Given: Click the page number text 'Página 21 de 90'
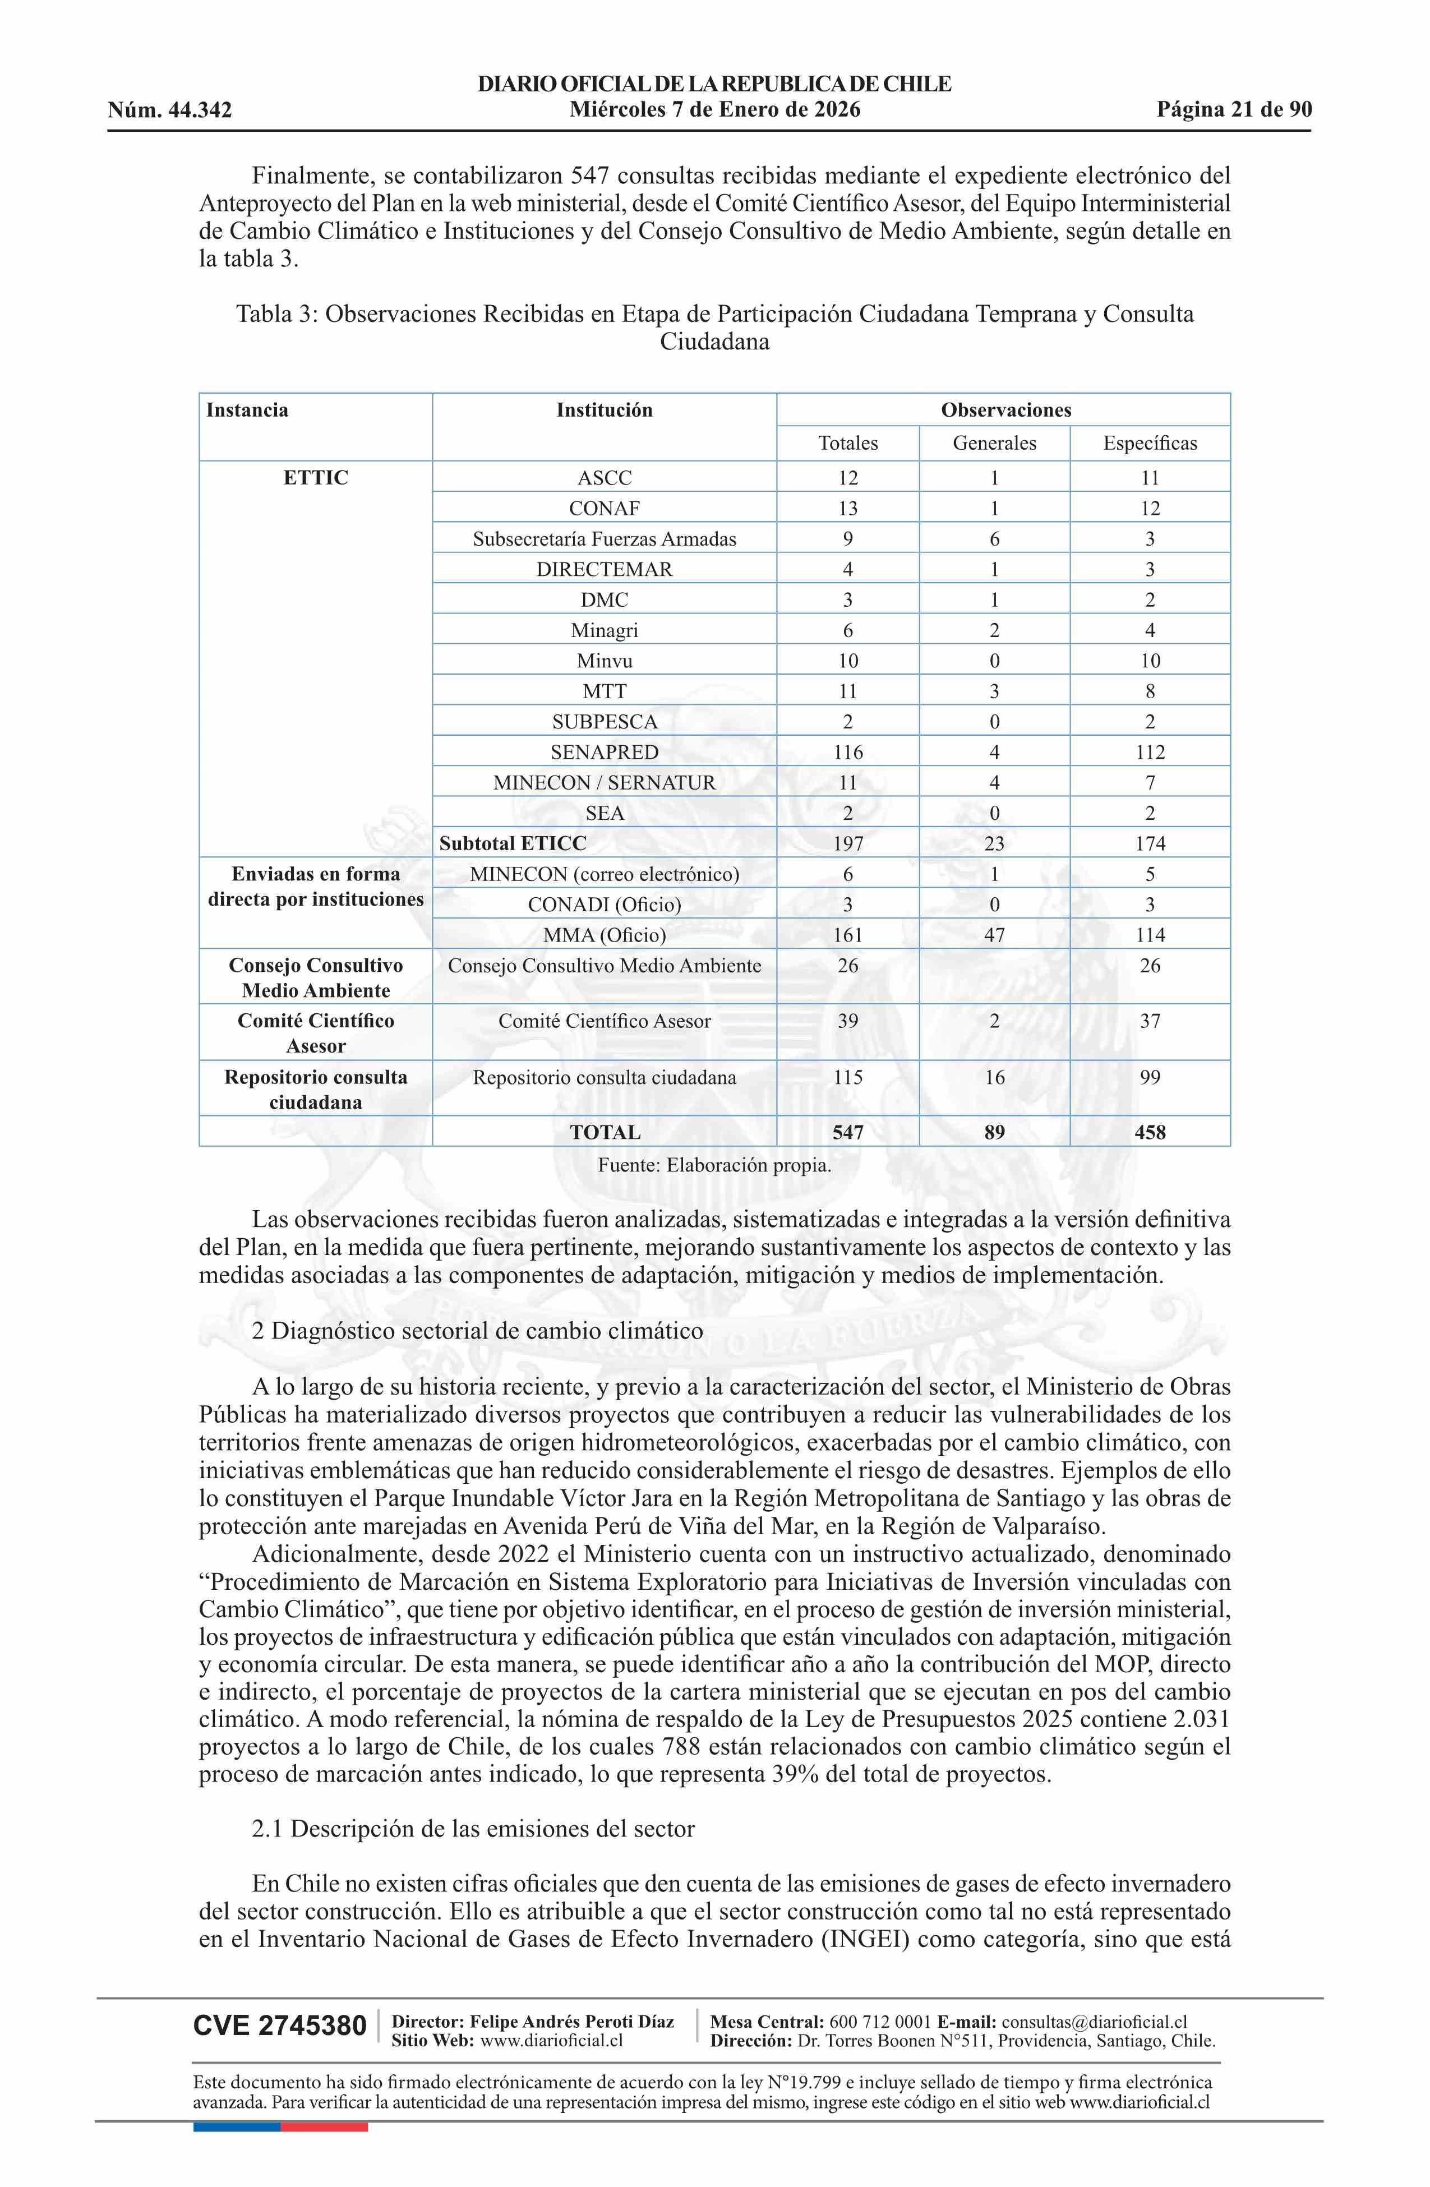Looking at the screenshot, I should click(1233, 110).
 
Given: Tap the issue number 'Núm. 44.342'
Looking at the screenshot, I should click(169, 111).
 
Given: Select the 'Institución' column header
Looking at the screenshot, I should click(604, 410).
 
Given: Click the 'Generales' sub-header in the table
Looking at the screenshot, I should click(994, 443).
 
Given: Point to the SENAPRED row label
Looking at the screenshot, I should click(604, 751).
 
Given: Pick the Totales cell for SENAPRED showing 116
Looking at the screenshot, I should click(847, 751).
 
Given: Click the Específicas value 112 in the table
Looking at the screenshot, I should click(1149, 751).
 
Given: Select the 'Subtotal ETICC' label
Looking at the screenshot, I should click(513, 843).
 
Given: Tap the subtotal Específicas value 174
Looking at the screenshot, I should click(1149, 843).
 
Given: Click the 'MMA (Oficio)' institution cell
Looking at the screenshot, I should click(604, 935).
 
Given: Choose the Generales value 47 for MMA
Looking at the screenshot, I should click(994, 935).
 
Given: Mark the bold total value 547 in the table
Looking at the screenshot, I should click(847, 1132).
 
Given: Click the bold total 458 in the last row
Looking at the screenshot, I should click(1149, 1132).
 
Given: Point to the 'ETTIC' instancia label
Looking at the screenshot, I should click(315, 478).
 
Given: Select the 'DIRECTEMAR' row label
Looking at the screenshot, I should click(604, 569).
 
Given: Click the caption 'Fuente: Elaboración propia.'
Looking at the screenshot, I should click(714, 1165).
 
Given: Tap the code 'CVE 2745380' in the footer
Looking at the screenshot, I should click(279, 2025).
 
